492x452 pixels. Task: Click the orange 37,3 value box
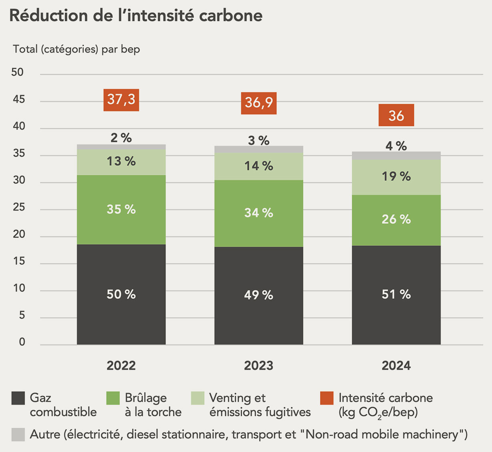(121, 100)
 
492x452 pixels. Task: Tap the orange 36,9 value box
(258, 103)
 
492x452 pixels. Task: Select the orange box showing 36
(396, 115)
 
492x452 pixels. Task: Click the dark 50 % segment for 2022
(121, 294)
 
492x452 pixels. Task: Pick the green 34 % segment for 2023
(258, 213)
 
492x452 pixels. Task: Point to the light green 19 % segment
(396, 177)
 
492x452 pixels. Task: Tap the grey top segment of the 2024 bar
(396, 156)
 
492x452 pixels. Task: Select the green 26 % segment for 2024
(396, 220)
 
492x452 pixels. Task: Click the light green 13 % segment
(121, 162)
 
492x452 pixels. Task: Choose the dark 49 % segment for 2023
(258, 295)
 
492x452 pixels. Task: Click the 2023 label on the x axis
(258, 365)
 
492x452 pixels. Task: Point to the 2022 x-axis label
(121, 365)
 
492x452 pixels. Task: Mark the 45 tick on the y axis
(18, 99)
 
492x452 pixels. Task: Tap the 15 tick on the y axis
(18, 261)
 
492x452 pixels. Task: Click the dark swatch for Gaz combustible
(18, 398)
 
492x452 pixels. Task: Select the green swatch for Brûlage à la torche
(113, 398)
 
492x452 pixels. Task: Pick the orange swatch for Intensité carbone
(327, 398)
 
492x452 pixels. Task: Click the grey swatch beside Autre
(18, 435)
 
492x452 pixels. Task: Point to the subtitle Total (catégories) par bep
(77, 49)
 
